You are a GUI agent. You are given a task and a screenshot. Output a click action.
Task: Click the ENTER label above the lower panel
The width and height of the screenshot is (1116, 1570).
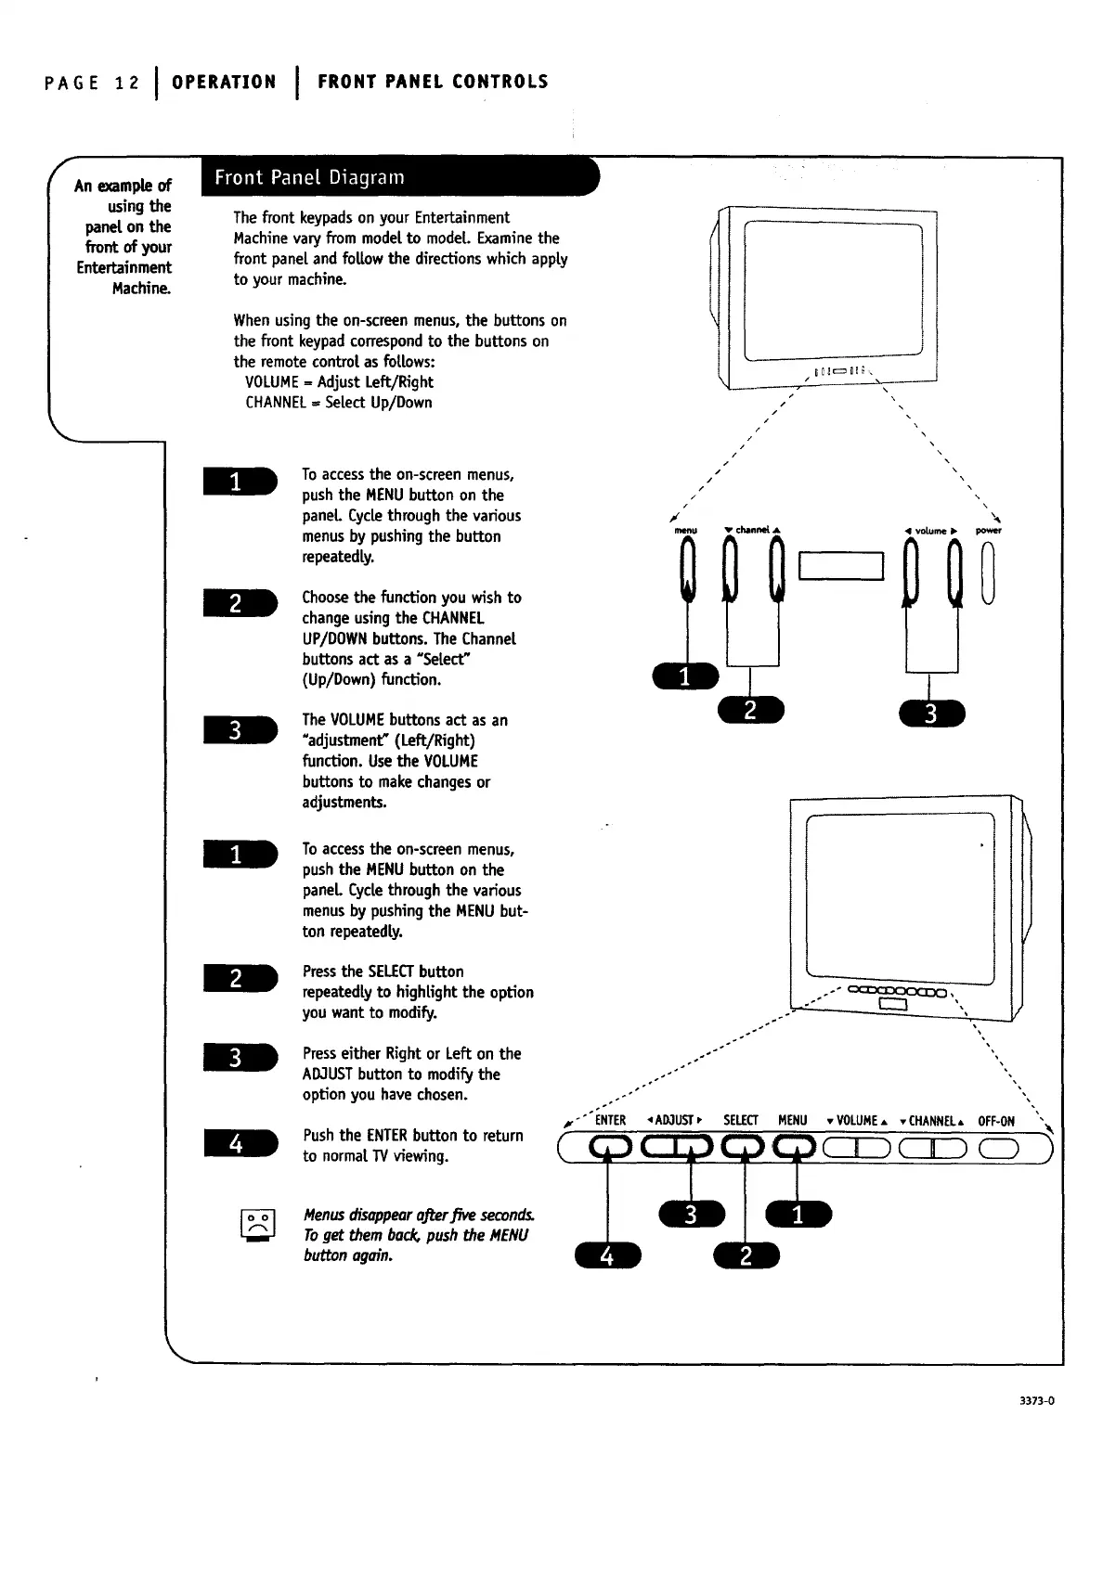[x=610, y=1120]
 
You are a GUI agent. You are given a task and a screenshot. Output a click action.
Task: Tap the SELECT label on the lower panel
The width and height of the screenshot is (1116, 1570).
[x=741, y=1120]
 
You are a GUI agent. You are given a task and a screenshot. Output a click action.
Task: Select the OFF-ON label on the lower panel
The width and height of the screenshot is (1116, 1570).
[x=996, y=1121]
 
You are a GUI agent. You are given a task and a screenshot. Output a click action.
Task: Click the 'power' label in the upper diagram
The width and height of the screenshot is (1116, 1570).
[x=988, y=531]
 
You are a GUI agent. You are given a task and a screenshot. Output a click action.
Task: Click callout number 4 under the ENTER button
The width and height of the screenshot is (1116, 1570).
[x=607, y=1256]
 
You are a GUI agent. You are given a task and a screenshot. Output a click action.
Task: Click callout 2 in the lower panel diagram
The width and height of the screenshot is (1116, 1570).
[x=746, y=1255]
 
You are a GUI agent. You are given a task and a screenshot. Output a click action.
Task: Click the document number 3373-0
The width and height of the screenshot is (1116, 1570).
[x=1036, y=1401]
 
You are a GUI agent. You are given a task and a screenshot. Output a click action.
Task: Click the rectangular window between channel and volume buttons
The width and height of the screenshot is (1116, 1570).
[x=840, y=566]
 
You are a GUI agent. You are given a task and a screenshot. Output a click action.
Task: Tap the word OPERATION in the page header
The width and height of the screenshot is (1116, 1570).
[x=224, y=82]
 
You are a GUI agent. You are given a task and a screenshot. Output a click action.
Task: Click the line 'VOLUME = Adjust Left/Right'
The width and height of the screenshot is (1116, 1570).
[x=339, y=382]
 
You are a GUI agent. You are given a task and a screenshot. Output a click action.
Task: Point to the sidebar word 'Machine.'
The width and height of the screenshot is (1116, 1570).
[x=142, y=289]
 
